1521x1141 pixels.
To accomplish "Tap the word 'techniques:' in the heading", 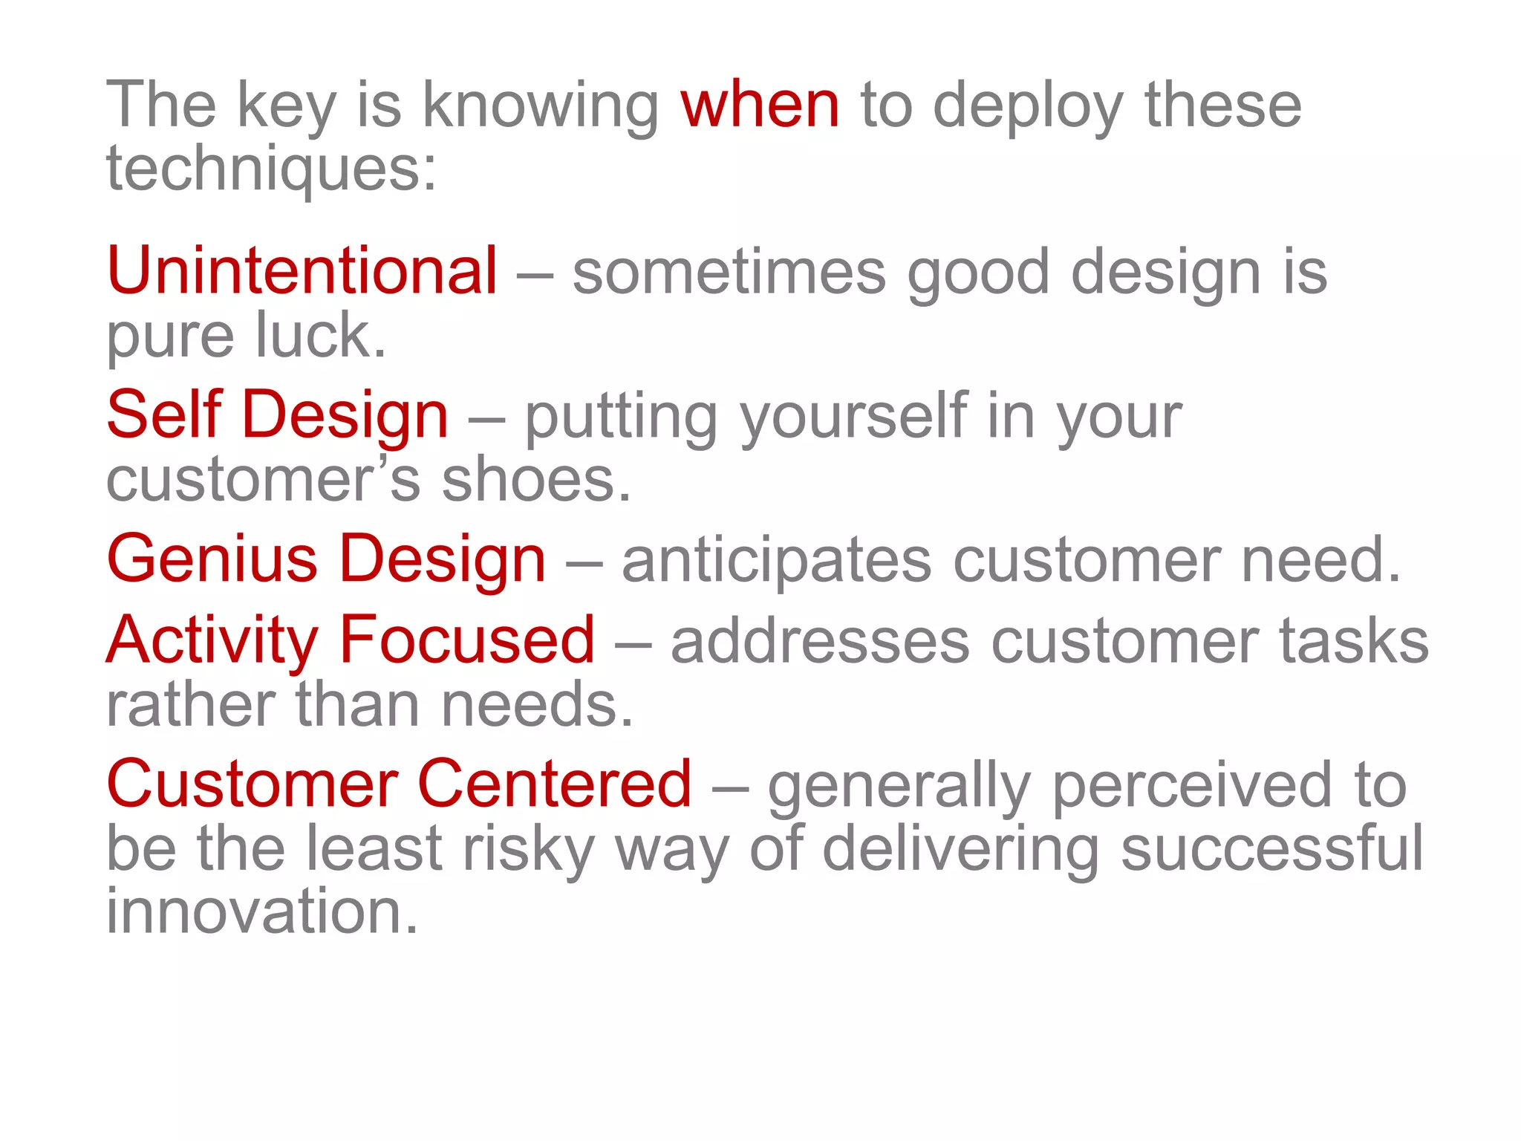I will click(271, 169).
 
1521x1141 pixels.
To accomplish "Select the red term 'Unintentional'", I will click(302, 271).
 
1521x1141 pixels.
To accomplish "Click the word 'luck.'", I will click(321, 336).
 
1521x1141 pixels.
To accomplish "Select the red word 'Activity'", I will click(212, 640).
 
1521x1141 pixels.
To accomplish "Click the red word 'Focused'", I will click(467, 640).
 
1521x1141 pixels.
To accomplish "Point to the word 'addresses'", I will click(820, 641).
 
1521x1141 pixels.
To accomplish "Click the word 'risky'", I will click(528, 849).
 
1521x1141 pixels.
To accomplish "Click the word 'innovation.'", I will click(262, 911).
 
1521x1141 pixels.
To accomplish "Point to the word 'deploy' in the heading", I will click(1028, 106).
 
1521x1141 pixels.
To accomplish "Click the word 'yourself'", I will click(854, 416).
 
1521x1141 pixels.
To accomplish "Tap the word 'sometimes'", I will click(729, 273).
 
